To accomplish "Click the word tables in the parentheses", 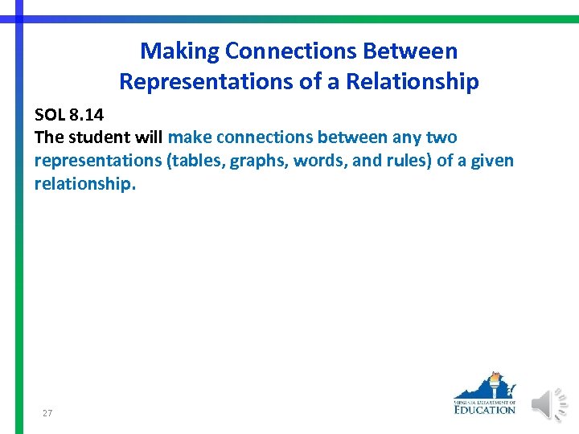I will coord(197,161).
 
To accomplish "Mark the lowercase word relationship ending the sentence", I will coord(84,184).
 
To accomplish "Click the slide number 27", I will coord(47,413).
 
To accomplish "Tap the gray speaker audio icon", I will coord(551,403).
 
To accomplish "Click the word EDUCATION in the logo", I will coord(484,410).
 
